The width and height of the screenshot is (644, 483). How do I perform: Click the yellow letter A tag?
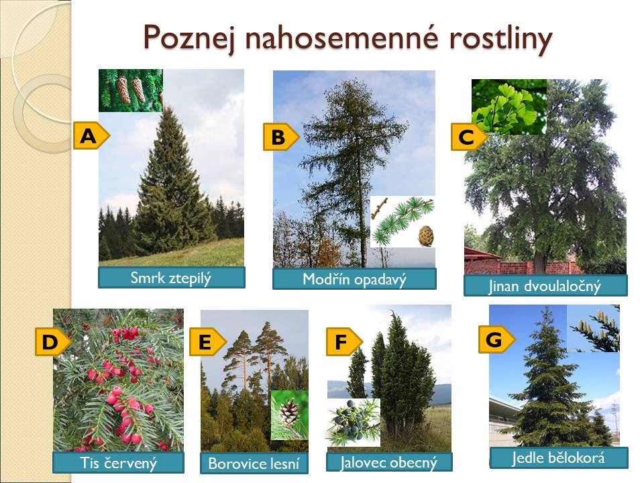pos(91,136)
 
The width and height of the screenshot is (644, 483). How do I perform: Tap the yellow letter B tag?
pos(281,137)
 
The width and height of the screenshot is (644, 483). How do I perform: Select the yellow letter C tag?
pos(469,137)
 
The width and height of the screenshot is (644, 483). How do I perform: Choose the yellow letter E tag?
pos(208,341)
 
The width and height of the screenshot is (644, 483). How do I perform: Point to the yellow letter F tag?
pos(345,341)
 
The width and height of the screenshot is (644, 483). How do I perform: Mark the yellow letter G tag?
pos(496,339)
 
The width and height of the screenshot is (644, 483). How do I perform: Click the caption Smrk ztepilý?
pos(171,278)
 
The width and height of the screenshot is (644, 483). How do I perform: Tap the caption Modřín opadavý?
pos(354,279)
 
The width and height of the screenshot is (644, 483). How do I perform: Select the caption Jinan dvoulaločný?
pos(545,286)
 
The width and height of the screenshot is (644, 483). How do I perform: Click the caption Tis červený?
pos(118,463)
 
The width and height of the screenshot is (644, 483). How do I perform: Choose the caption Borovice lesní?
pos(254,464)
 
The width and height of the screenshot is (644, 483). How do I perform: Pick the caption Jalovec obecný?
pos(389,462)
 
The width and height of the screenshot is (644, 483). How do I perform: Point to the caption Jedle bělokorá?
pos(559,458)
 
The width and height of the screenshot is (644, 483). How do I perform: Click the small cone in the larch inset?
pos(426,235)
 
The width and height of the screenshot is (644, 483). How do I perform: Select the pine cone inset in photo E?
pos(290,415)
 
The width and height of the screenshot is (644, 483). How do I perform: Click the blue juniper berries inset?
pos(354,422)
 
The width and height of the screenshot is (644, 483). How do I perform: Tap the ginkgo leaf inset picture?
pos(509,107)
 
